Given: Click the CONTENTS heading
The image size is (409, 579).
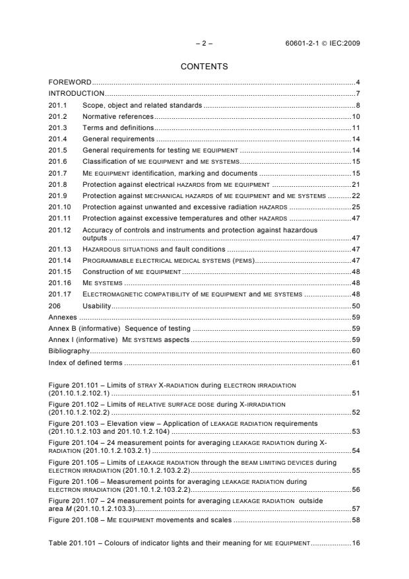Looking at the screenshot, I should click(204, 67).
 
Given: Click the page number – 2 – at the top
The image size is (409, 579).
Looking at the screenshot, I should click(204, 44).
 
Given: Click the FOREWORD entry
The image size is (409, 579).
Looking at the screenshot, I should click(70, 82).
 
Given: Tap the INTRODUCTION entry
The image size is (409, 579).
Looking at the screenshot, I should click(77, 93).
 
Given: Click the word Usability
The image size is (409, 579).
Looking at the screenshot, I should click(96, 306).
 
